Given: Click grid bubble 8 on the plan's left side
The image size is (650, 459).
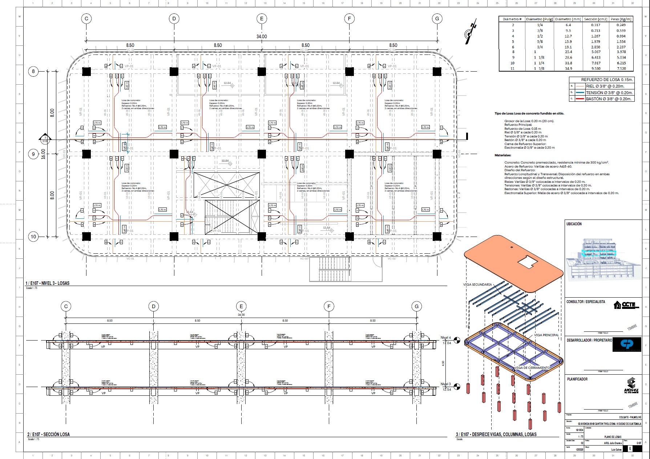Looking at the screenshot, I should (x=33, y=71).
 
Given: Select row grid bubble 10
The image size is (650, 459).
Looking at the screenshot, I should (x=33, y=237).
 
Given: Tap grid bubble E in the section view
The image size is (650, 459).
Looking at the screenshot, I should (x=241, y=306).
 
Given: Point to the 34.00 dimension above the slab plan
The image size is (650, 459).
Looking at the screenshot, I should (x=262, y=36).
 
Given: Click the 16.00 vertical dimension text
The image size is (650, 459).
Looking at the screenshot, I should (x=44, y=154).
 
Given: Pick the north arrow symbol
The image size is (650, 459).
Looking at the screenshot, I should (x=470, y=32).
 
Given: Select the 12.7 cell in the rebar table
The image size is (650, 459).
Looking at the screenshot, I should (x=568, y=36).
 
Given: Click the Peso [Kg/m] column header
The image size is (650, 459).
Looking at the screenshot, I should (x=621, y=19).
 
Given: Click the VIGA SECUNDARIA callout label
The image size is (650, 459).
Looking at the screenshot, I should (x=477, y=285).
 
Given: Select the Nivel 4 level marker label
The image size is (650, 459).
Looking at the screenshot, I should (x=445, y=338).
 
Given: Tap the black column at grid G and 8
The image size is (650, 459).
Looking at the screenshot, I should (x=437, y=71).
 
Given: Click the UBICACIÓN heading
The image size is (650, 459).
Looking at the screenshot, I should (x=574, y=224).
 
